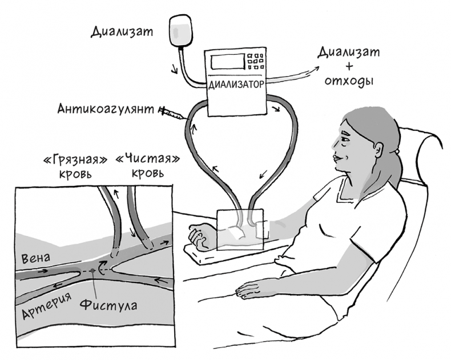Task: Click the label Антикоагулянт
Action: point(108,108)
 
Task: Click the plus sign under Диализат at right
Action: point(348,67)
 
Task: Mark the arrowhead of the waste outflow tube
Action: point(312,67)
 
